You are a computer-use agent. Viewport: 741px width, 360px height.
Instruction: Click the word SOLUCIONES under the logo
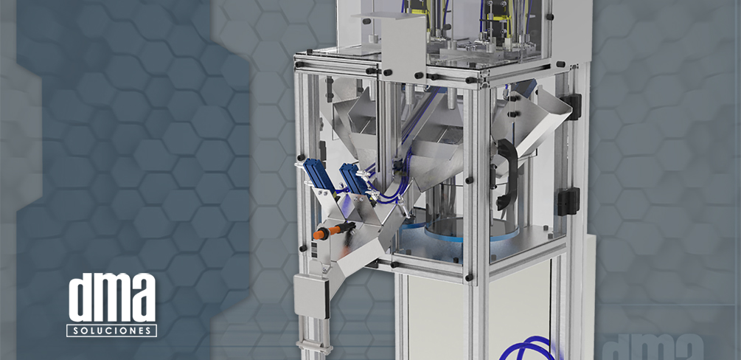click(x=111, y=330)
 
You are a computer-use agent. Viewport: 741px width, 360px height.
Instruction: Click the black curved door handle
click(x=507, y=173)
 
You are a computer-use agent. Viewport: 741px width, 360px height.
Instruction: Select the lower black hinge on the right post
click(x=569, y=201)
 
